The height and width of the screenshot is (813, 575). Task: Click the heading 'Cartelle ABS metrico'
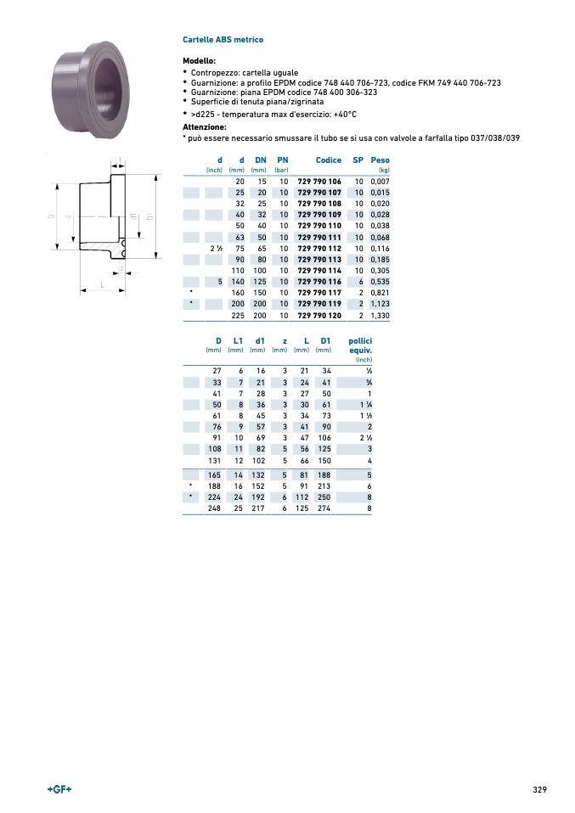(x=223, y=39)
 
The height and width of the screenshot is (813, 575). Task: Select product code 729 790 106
(x=319, y=182)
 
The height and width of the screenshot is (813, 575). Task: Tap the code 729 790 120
(x=319, y=315)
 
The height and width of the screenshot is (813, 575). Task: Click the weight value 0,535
(x=380, y=282)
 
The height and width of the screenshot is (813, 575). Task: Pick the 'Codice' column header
(x=329, y=160)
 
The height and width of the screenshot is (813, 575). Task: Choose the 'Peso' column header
(x=380, y=160)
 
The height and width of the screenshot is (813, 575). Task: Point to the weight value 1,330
(x=380, y=315)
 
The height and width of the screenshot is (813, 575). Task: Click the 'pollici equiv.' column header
(x=360, y=345)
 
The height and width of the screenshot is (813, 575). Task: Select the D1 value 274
(x=324, y=508)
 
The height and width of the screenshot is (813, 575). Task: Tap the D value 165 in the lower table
(x=214, y=475)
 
